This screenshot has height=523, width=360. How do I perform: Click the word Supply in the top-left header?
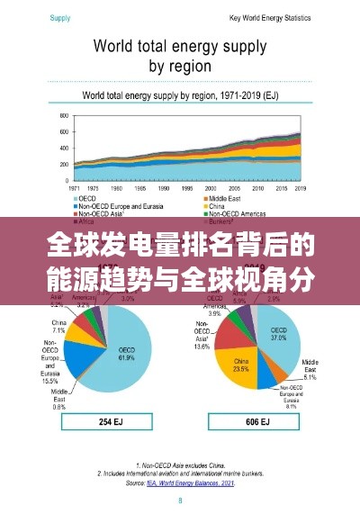[60, 17]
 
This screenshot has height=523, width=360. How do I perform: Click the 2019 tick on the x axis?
[301, 189]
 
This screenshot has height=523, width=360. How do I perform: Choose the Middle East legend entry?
[225, 198]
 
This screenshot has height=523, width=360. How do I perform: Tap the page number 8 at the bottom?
[179, 500]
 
